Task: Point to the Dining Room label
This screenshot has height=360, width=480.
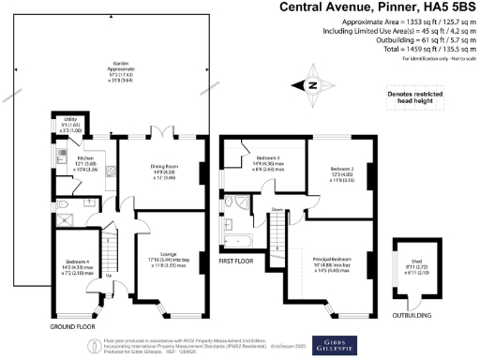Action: coord(164,171)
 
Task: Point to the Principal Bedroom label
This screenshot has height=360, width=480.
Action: coord(335,262)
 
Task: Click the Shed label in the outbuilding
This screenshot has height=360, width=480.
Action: coord(412,266)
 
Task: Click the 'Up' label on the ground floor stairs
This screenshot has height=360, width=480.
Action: coord(109,275)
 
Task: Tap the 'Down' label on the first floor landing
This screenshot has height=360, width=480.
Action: coord(277,209)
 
